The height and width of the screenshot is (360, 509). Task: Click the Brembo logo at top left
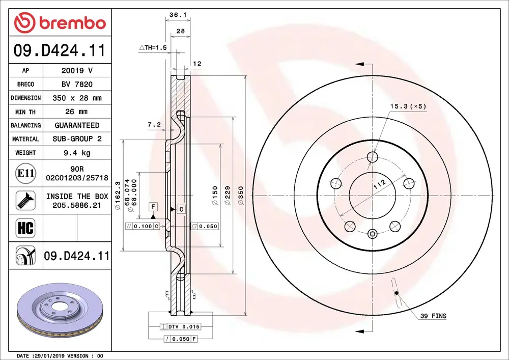coord(60,23)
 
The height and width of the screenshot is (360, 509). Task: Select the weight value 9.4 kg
coord(76,152)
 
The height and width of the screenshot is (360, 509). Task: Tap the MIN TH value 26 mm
coord(76,112)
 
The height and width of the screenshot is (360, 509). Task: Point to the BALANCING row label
coord(25,125)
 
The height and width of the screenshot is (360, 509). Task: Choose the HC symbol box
coord(25,228)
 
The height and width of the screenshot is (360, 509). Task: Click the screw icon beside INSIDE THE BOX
coord(25,200)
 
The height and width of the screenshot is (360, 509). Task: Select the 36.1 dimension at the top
coord(177,16)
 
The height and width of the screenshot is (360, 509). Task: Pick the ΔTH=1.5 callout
coord(153,48)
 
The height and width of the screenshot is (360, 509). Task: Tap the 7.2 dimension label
coord(154,124)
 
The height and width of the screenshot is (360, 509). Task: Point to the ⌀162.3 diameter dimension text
coord(118,196)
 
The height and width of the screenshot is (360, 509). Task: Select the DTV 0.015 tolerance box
coord(180,326)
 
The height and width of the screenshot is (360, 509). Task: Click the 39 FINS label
coord(433,316)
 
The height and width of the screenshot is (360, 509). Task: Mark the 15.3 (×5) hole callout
coord(408,106)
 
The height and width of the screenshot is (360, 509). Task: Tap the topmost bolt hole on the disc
coord(373,156)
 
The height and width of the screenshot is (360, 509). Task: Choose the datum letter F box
coord(152,206)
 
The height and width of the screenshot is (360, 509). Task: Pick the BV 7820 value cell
coord(76,85)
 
